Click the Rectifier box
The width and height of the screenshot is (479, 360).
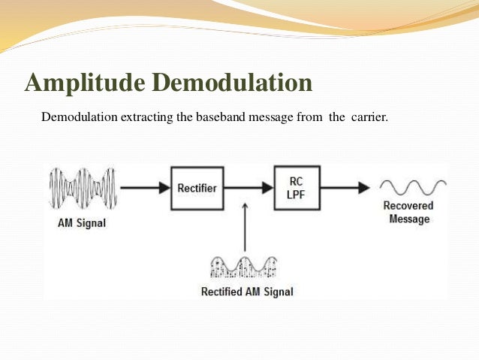click(x=197, y=187)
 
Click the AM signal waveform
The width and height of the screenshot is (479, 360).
click(x=83, y=188)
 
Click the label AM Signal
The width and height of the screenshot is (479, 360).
click(x=83, y=222)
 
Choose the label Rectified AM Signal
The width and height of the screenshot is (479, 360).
click(x=247, y=292)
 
